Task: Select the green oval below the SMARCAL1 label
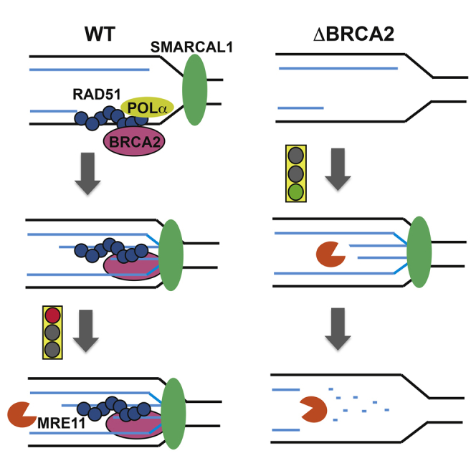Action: (195, 92)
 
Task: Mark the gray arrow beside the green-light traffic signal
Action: (339, 170)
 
